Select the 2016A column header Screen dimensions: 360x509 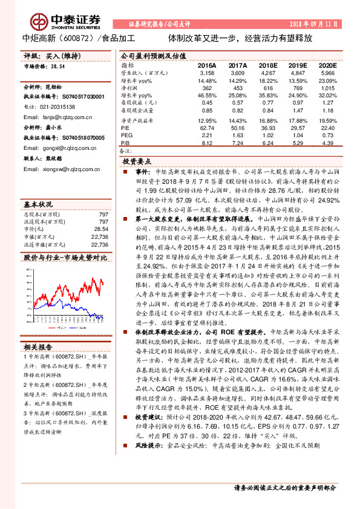pos(207,64)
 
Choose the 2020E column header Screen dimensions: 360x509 pos(327,64)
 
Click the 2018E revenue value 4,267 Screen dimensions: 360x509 pos(267,72)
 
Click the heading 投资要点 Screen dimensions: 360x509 pos(137,162)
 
